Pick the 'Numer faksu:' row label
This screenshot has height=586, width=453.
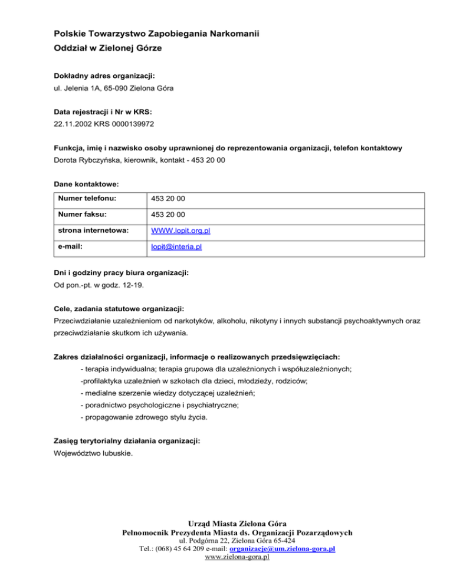coord(78,215)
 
